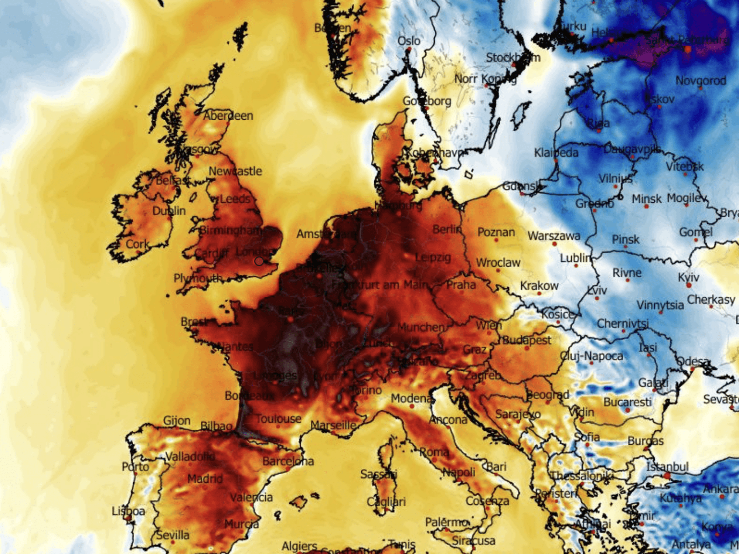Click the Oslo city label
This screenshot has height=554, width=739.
[x=409, y=41]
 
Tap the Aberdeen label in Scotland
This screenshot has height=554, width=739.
[x=228, y=116]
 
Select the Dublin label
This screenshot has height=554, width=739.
[x=169, y=211]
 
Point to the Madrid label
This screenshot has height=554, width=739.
[x=205, y=479]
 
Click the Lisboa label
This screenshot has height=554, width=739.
[x=128, y=511]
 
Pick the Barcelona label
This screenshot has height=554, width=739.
[x=288, y=461]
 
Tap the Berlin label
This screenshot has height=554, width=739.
[x=447, y=229]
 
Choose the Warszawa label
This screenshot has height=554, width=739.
[x=554, y=236]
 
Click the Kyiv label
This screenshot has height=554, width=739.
[x=688, y=277]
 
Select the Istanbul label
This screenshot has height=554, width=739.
[x=667, y=467]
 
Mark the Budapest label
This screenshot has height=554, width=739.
[x=527, y=340]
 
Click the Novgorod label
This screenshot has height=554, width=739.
[x=701, y=81]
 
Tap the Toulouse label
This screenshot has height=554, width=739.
[x=279, y=419]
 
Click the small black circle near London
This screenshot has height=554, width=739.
[x=259, y=261]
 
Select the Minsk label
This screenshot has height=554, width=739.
[x=646, y=199]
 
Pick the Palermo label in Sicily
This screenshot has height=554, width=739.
[x=447, y=522]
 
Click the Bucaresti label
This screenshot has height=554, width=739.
[x=627, y=402]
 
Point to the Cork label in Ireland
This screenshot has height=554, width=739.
[x=137, y=244]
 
